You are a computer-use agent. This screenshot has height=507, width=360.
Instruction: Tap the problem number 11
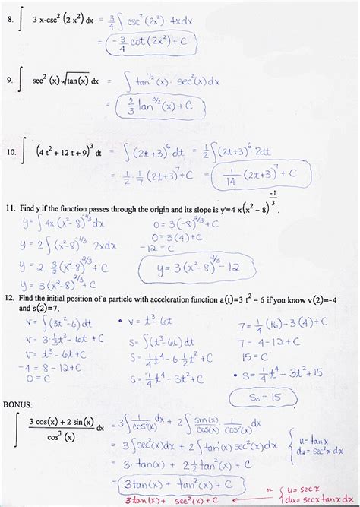coord(9,207)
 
